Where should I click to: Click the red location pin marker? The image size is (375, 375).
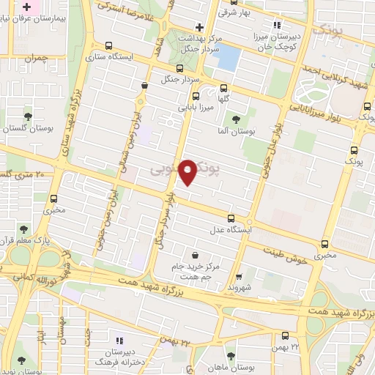(188, 171)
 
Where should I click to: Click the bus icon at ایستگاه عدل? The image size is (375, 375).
(231, 218)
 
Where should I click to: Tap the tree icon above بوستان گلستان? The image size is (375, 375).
(28, 116)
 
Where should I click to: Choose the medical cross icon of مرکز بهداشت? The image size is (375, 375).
(198, 26)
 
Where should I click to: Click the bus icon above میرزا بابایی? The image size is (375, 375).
(196, 95)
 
